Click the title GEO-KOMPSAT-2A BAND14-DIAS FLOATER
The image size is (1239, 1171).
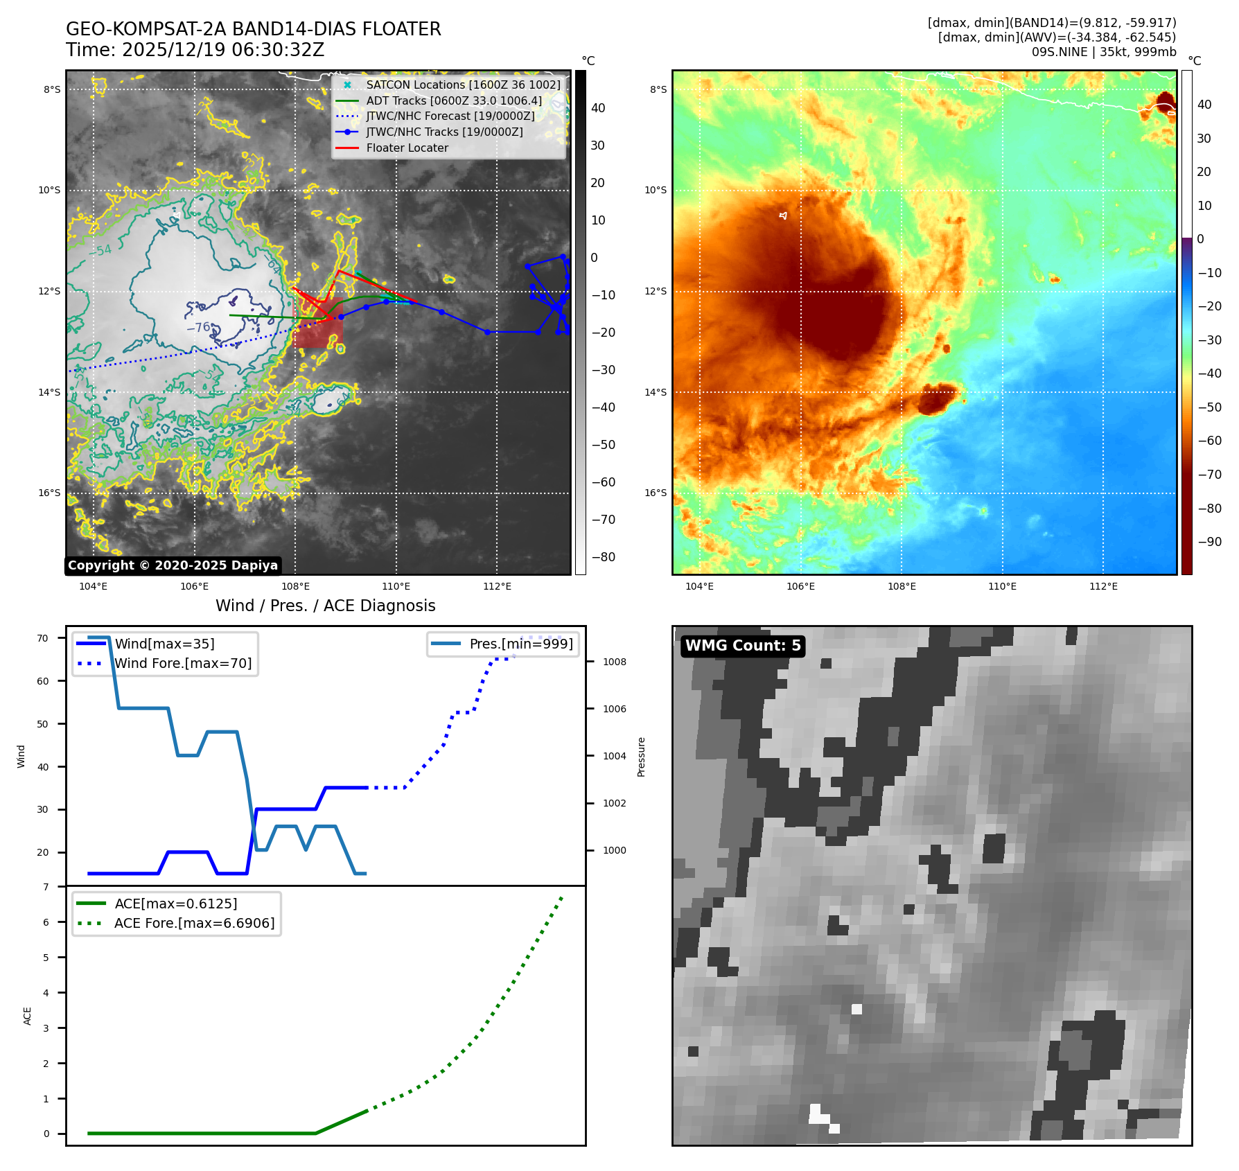[x=253, y=29]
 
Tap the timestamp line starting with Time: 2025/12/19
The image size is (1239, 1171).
[x=195, y=50]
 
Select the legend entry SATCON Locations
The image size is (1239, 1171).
[x=463, y=85]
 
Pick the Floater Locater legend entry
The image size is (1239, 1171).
[x=407, y=148]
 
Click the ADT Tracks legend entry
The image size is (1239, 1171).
[x=454, y=100]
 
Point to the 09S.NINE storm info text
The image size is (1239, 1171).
[x=1103, y=52]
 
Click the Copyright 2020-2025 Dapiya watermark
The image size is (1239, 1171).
[x=173, y=565]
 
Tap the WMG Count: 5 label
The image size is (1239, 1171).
[x=743, y=646]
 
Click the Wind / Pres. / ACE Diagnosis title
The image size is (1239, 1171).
[x=325, y=606]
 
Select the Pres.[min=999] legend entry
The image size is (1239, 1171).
[x=521, y=644]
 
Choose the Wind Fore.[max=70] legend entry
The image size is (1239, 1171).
[x=183, y=663]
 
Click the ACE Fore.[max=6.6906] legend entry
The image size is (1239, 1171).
[x=194, y=923]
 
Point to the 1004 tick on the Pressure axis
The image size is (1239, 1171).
[x=614, y=756]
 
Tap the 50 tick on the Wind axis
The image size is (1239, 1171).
[x=43, y=724]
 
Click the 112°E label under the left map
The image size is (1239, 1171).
[x=497, y=587]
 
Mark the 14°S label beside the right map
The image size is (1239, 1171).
[x=656, y=392]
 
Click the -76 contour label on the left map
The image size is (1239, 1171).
[x=198, y=328]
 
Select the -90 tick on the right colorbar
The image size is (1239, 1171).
[x=1209, y=542]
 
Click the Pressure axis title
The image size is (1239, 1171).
[x=641, y=757]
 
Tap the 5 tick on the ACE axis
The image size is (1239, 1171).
[x=46, y=958]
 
